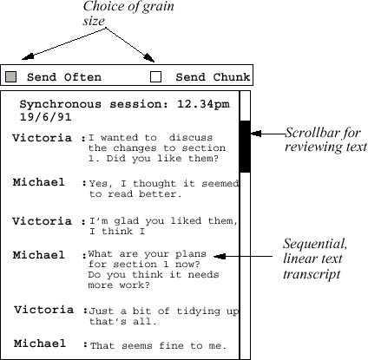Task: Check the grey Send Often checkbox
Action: (x=10, y=77)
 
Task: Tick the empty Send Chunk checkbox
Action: (x=155, y=77)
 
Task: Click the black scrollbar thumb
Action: (x=245, y=147)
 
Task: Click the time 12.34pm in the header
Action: (x=203, y=104)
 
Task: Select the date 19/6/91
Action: (x=45, y=117)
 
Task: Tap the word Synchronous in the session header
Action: (x=61, y=104)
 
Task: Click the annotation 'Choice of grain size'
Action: (x=128, y=14)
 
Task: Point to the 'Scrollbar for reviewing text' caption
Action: (x=326, y=140)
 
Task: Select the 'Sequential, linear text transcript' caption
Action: (x=315, y=259)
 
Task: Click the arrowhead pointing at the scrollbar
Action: (x=256, y=134)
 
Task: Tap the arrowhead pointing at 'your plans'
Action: (x=220, y=256)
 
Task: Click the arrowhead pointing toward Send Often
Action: (x=28, y=56)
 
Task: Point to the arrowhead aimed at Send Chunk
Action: (x=149, y=58)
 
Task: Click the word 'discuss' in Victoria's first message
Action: (x=191, y=138)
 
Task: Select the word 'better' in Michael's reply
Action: (x=161, y=194)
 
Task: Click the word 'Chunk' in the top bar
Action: (x=232, y=77)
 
